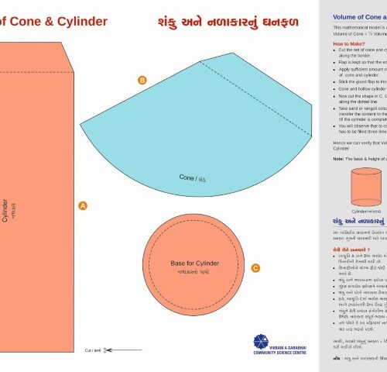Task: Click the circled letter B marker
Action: [142, 81]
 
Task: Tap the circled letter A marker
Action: [83, 205]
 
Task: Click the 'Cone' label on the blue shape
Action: [187, 177]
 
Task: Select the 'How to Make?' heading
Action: [351, 44]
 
